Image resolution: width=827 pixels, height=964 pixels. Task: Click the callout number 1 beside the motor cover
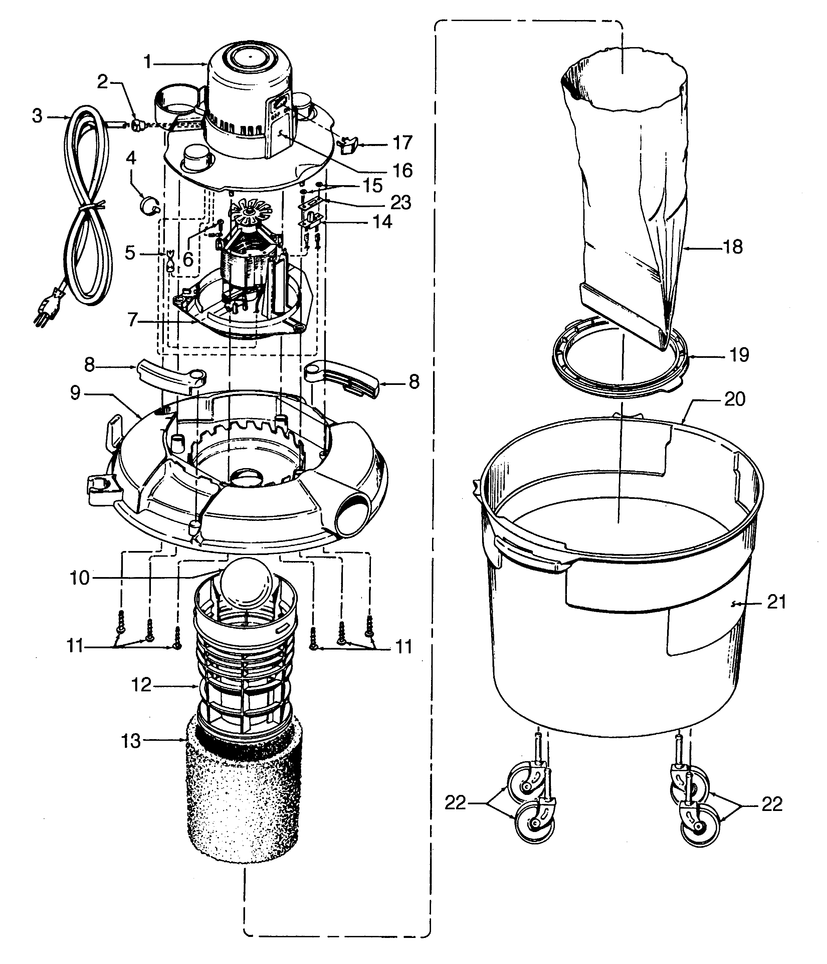(148, 62)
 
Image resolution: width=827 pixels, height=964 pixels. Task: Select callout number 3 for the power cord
(37, 116)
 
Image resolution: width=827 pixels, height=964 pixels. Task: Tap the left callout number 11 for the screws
(75, 646)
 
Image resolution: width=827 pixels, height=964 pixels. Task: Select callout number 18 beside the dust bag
(733, 247)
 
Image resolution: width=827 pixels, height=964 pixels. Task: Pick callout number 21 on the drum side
(776, 602)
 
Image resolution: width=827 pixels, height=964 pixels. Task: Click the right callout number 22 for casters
(772, 804)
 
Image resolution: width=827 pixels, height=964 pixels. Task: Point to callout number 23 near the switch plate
(400, 202)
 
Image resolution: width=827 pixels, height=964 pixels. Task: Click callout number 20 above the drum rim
(735, 399)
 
